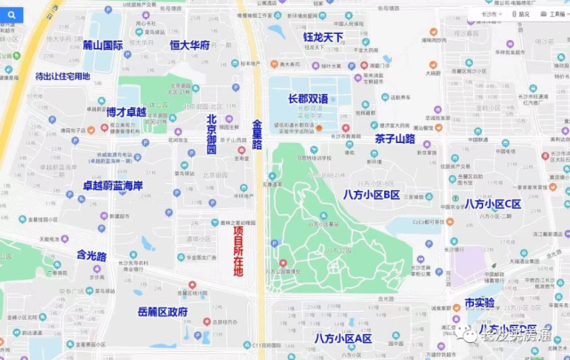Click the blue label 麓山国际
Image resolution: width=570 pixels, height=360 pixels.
click(102, 44)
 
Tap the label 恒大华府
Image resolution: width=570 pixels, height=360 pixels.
click(189, 45)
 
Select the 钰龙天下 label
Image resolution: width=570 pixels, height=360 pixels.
click(323, 37)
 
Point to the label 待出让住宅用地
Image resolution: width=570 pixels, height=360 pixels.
click(63, 76)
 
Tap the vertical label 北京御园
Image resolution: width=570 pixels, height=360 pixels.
click(212, 134)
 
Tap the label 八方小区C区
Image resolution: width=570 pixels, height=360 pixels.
click(492, 204)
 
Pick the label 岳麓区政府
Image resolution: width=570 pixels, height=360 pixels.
click(163, 312)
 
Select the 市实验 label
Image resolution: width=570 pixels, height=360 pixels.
click(479, 303)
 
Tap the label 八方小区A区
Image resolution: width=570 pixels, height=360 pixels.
click(342, 338)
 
